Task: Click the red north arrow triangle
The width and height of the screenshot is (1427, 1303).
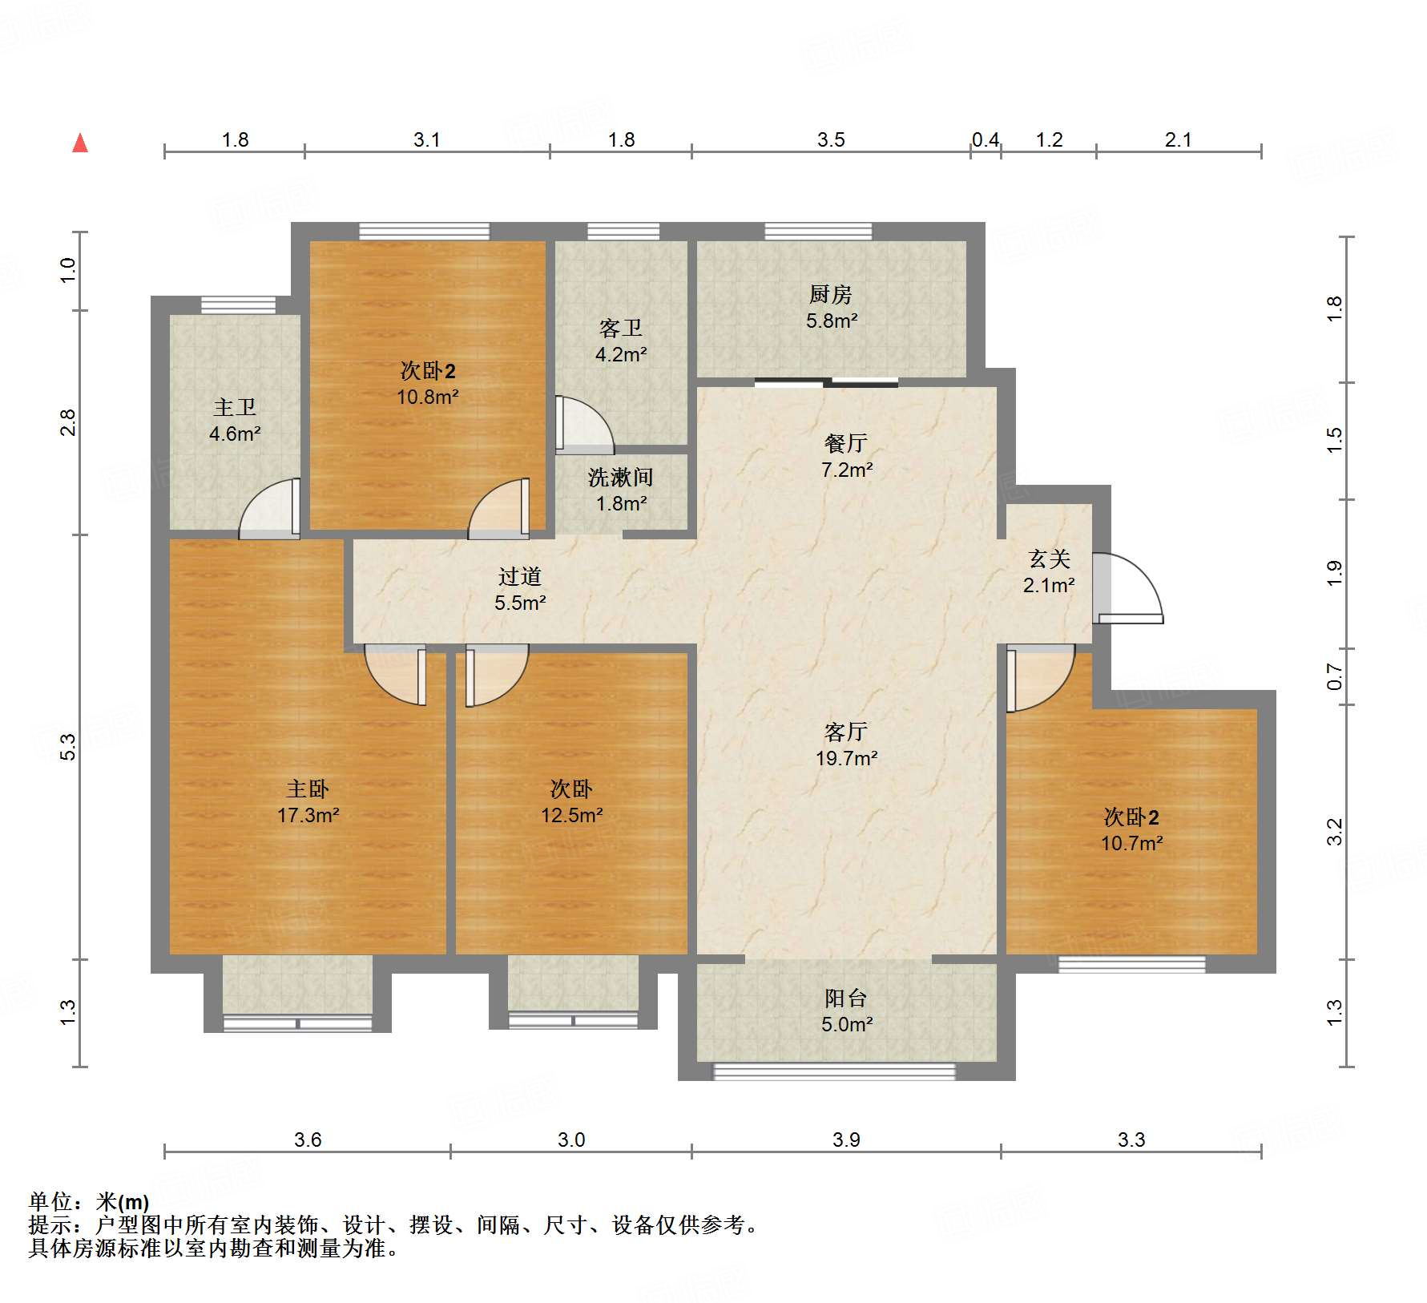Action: coord(80,143)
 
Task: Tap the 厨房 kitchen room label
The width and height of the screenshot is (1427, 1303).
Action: coord(830,295)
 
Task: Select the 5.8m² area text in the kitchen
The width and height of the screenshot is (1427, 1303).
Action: coord(832,321)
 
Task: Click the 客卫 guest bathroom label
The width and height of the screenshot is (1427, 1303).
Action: coord(621,329)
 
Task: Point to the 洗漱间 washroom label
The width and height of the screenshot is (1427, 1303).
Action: coord(621,478)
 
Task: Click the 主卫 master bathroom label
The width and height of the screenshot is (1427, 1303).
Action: coord(235,408)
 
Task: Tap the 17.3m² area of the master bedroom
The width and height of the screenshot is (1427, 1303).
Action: coord(308,815)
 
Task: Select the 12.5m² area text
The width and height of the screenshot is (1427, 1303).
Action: coord(571,815)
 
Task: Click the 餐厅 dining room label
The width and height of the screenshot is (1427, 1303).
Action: coord(846,443)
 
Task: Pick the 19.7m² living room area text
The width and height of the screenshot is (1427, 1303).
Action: coord(847,757)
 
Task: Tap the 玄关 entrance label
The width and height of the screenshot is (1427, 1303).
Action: coord(1050,559)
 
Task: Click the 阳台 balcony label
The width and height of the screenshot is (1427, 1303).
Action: coord(846,998)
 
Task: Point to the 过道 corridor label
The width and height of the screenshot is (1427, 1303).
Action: coord(520,576)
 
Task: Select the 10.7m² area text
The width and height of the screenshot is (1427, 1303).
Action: coord(1131,843)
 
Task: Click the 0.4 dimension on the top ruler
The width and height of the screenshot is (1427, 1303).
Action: coord(986,140)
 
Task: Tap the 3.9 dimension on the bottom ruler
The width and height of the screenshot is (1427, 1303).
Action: coord(846,1140)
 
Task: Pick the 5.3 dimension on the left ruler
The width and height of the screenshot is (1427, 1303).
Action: coord(69,747)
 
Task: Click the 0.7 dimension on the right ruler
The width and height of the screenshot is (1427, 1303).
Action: coord(1334,676)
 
